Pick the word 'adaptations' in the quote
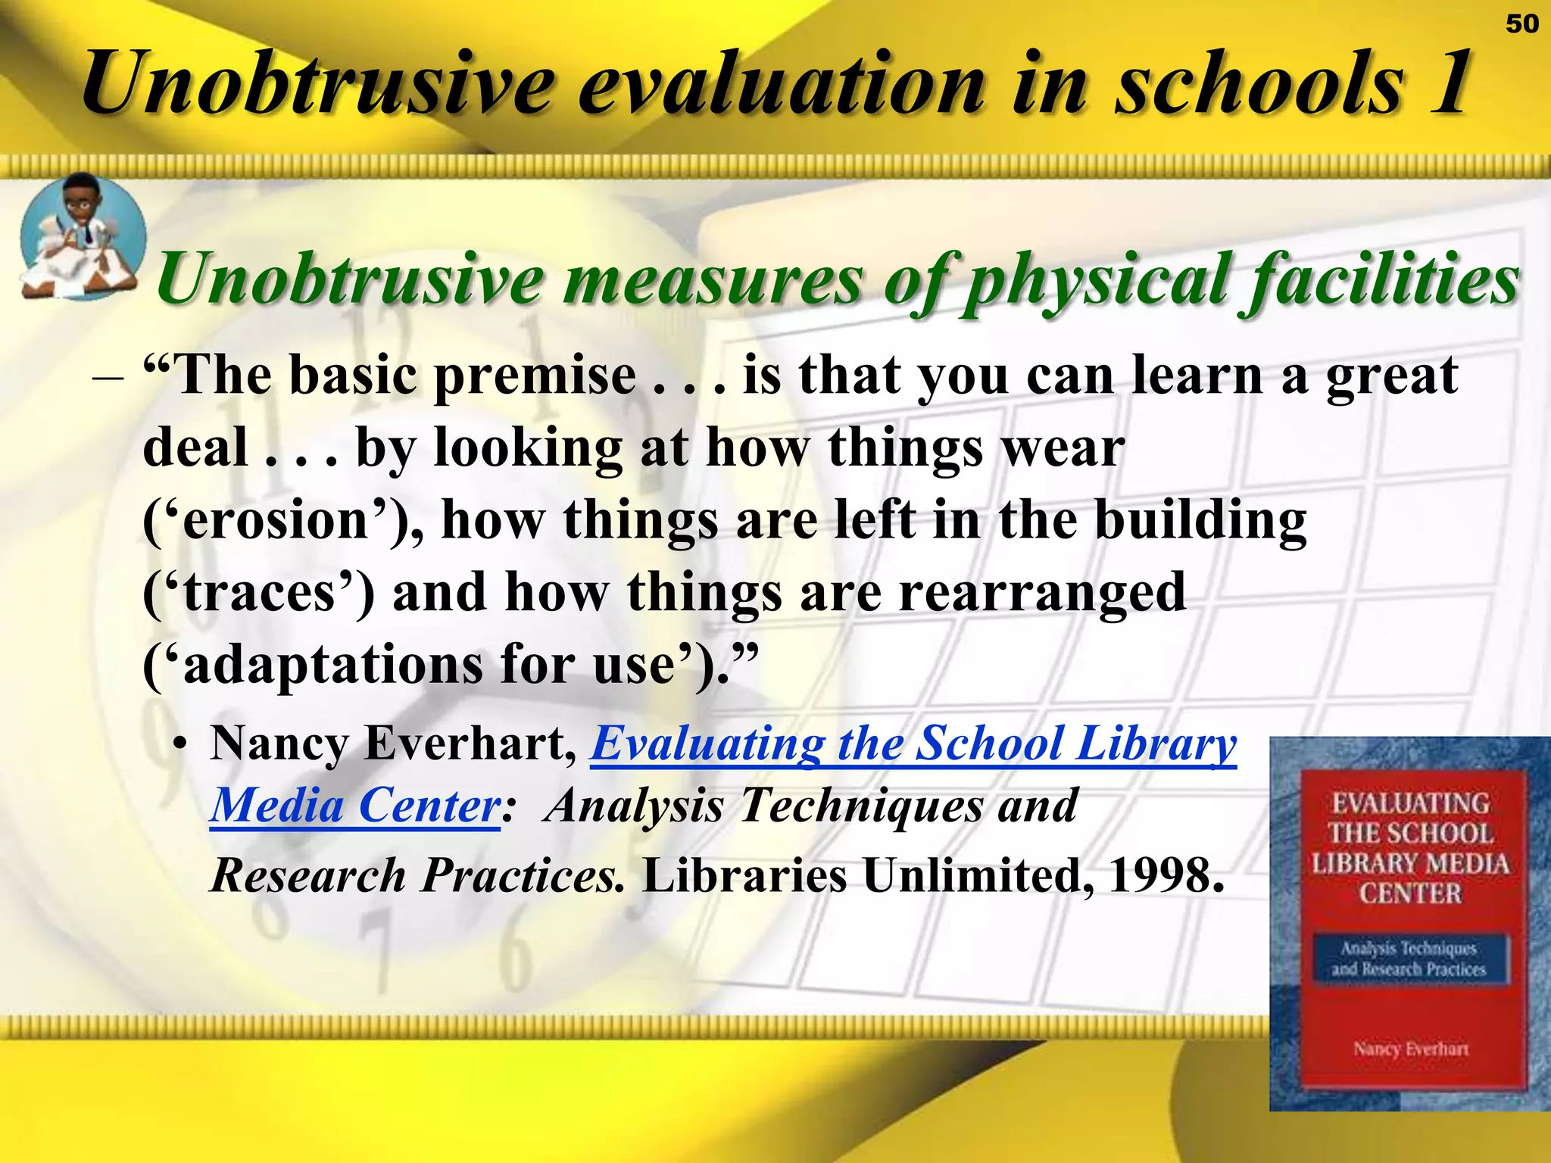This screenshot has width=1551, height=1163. [x=333, y=666]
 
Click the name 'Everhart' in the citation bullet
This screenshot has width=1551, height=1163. [x=470, y=744]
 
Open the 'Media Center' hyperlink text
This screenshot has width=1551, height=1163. [x=354, y=805]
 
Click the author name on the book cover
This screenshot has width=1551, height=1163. [x=1410, y=1049]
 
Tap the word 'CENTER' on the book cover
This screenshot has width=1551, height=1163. [x=1409, y=893]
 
